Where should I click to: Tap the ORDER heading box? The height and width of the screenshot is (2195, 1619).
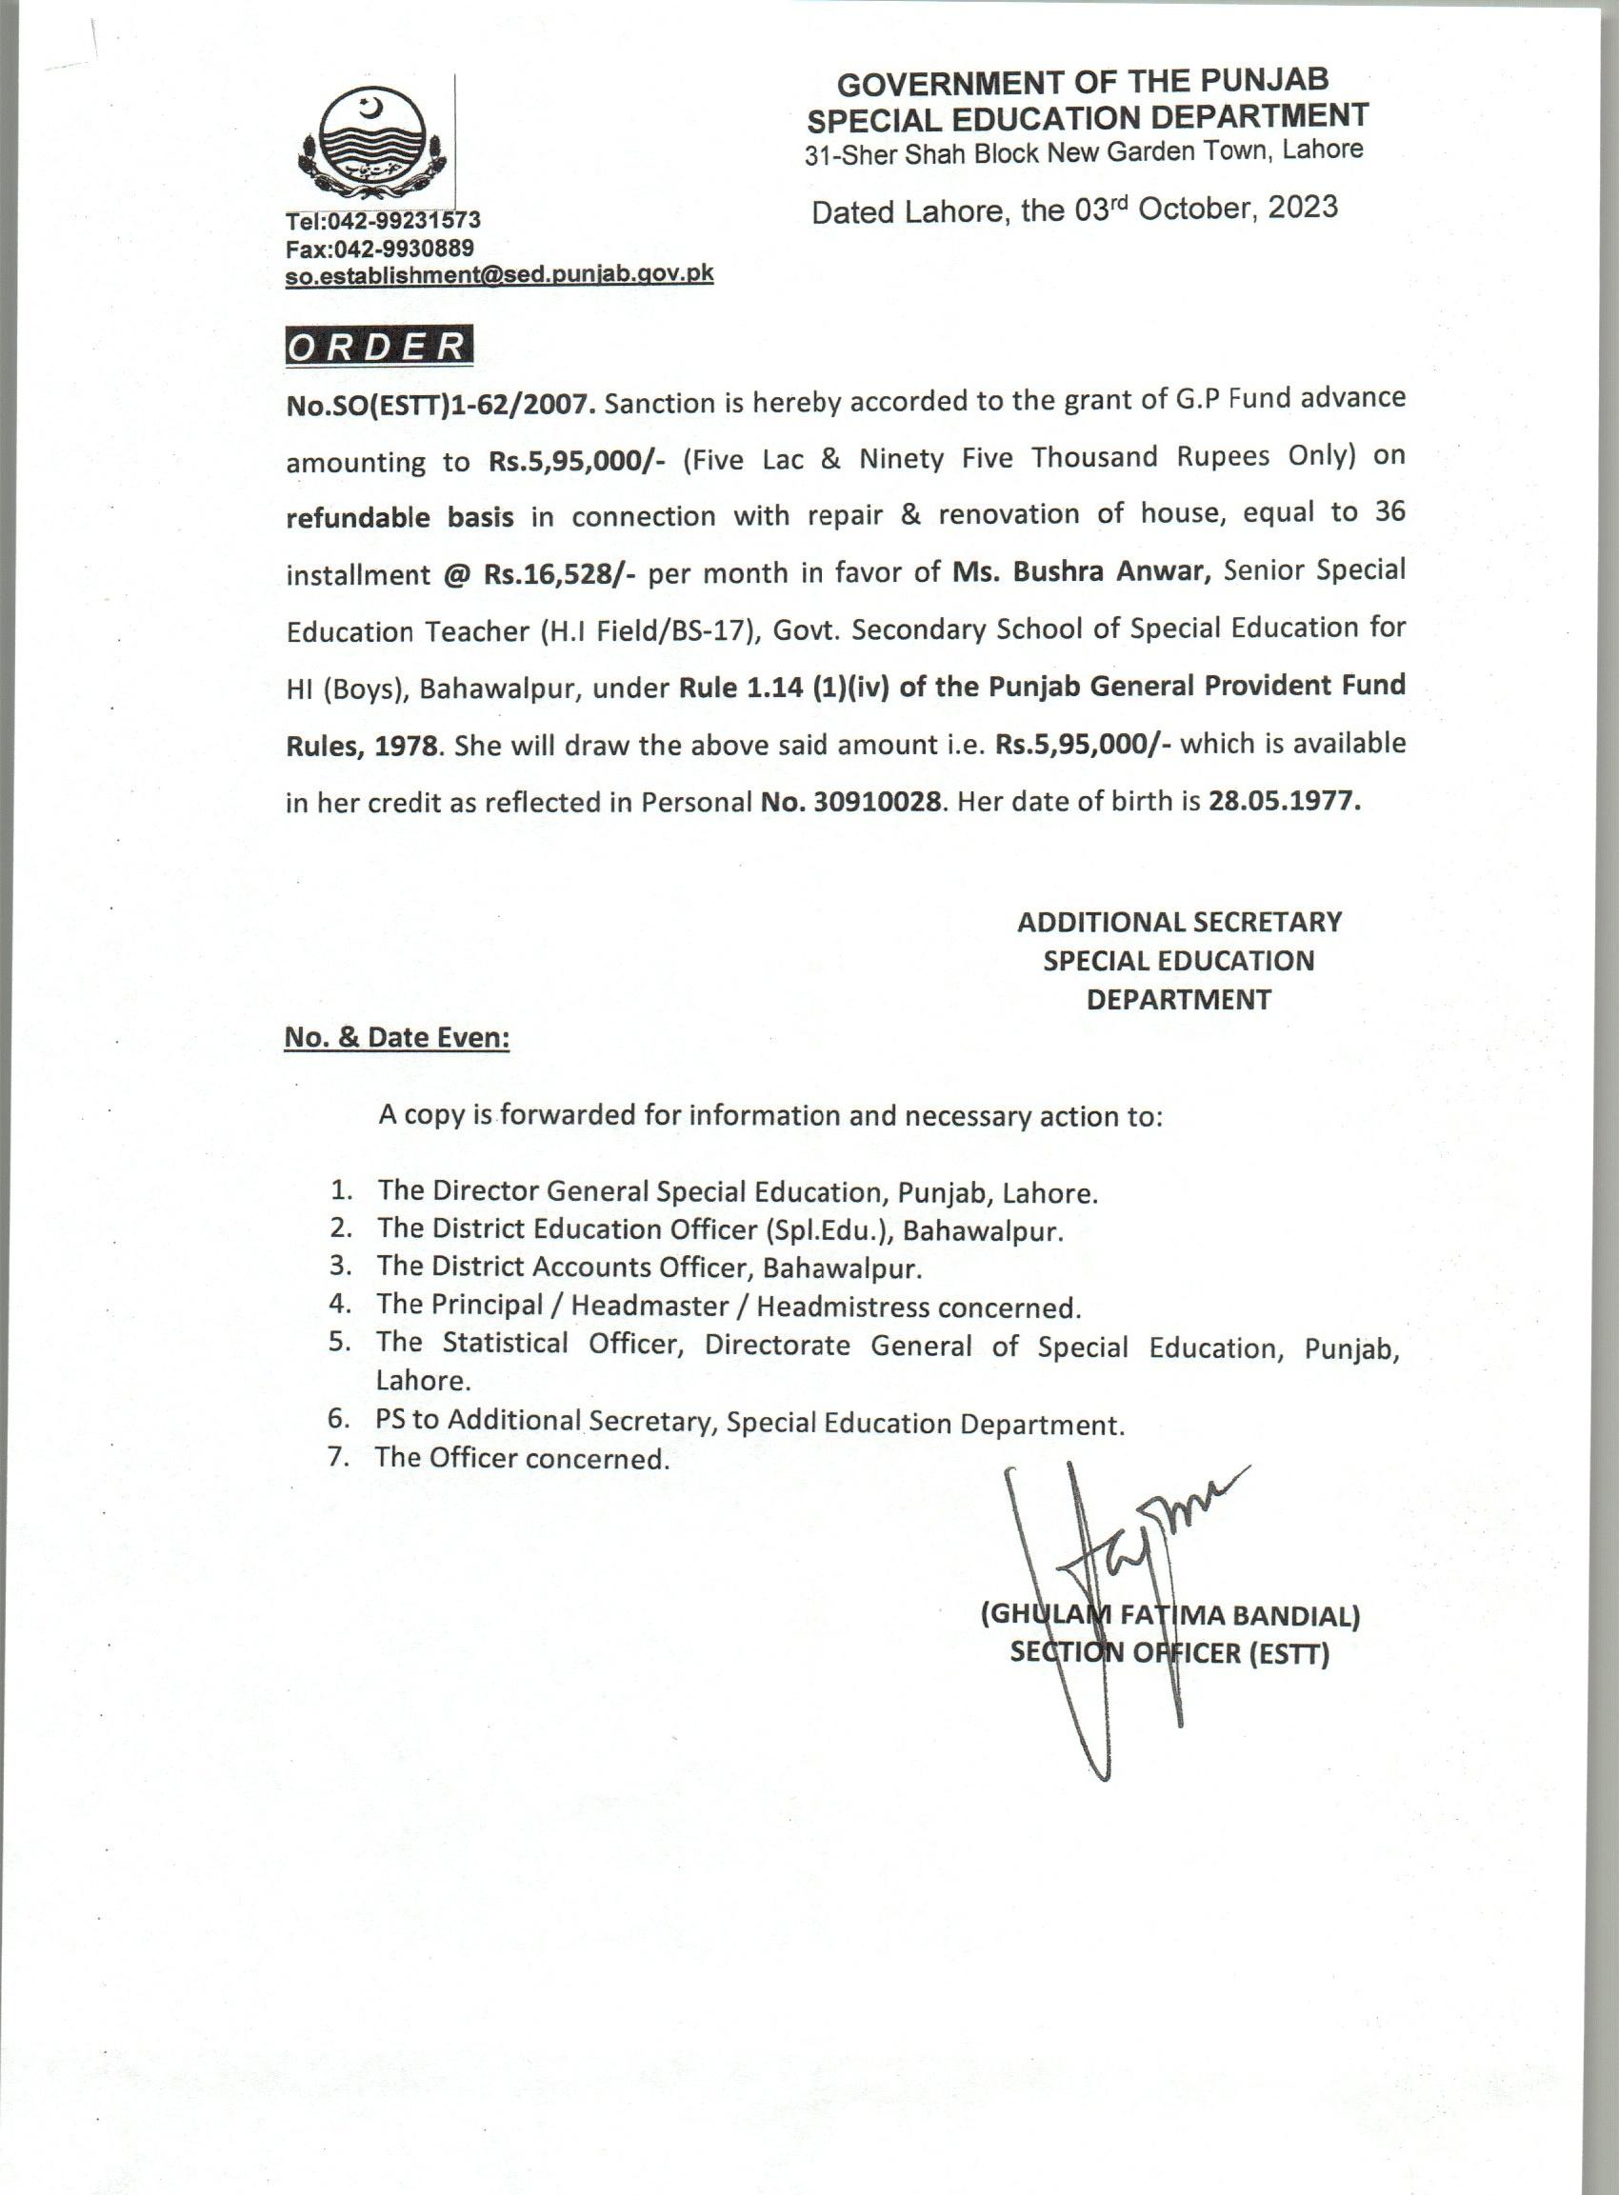click(x=378, y=346)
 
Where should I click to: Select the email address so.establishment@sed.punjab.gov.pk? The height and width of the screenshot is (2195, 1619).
click(x=499, y=275)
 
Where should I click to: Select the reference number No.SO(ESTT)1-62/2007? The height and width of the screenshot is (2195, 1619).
click(x=440, y=405)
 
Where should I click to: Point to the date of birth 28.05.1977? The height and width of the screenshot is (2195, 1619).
click(x=1284, y=802)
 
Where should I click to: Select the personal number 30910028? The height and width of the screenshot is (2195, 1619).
click(x=877, y=803)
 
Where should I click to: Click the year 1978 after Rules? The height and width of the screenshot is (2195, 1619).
click(x=406, y=746)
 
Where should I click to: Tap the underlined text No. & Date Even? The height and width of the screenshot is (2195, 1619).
click(x=397, y=1038)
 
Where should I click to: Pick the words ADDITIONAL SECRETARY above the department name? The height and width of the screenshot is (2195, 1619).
click(x=1179, y=922)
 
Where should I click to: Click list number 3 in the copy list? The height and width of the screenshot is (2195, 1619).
click(x=340, y=1266)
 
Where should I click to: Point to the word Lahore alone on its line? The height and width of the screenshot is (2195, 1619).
click(x=424, y=1380)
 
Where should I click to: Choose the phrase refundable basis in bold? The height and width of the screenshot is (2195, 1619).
click(x=399, y=517)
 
